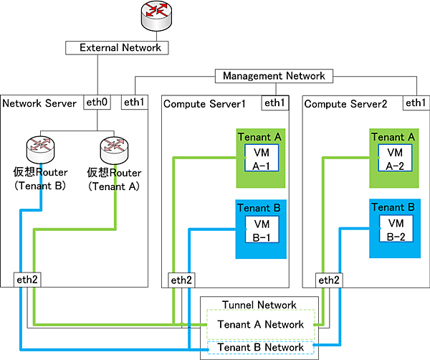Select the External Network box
pos(117,48)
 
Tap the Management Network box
pos(273,76)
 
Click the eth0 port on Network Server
pos(96,103)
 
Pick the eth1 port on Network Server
pos(133,103)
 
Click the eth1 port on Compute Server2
pos(414,103)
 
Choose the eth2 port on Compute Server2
pos(328,280)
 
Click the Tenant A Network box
pos(259,324)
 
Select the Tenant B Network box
pos(259,347)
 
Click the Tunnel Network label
pos(259,304)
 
